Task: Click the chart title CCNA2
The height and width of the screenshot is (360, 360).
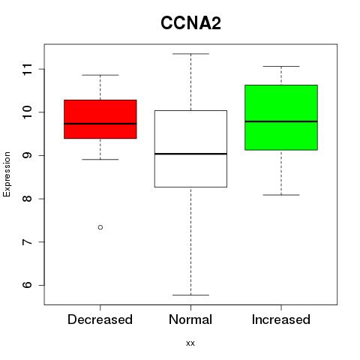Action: click(190, 23)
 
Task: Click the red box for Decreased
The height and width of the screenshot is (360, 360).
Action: click(100, 119)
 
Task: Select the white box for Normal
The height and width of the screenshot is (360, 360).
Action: click(190, 148)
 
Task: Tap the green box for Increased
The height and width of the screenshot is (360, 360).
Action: click(281, 118)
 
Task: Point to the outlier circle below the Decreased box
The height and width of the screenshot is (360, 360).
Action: click(100, 227)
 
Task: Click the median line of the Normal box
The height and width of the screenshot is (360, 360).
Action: click(190, 154)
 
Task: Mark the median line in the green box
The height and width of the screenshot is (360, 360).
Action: click(281, 121)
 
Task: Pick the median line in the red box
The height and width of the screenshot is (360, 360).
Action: click(100, 124)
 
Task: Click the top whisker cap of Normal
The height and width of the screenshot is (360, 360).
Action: click(190, 54)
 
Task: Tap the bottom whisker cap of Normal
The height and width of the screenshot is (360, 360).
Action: click(190, 295)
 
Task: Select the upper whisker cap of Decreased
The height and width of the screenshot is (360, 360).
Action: click(100, 75)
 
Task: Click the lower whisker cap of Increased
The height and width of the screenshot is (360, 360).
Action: click(281, 195)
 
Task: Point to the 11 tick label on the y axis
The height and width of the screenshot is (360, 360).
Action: click(27, 69)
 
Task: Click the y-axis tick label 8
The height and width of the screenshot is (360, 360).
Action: click(27, 199)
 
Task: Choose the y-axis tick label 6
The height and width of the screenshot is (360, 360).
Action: click(27, 285)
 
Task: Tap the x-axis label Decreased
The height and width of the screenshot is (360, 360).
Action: click(100, 319)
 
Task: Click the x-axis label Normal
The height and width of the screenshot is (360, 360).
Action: click(190, 319)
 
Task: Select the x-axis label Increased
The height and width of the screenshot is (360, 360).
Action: click(281, 319)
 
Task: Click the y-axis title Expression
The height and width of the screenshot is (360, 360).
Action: click(7, 174)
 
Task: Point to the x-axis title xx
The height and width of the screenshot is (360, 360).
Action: click(190, 343)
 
